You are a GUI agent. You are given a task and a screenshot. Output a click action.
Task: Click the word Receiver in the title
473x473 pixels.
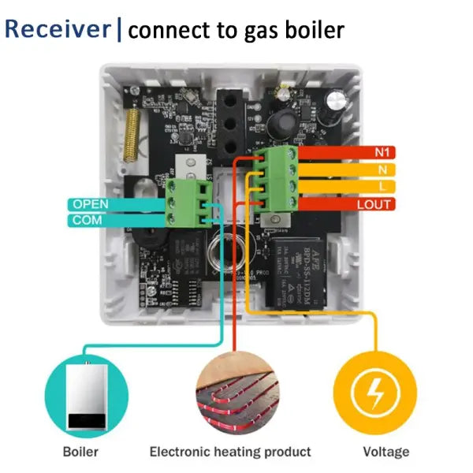tap(57, 29)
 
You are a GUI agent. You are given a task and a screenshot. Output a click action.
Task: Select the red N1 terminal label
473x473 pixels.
tap(385, 151)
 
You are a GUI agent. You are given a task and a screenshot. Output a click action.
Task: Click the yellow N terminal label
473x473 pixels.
tap(381, 169)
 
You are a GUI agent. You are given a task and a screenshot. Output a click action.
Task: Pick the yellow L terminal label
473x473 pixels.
tap(382, 187)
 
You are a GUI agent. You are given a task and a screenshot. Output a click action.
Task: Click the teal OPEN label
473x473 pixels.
tap(91, 204)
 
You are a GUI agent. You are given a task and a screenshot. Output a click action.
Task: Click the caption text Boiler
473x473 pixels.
tap(81, 453)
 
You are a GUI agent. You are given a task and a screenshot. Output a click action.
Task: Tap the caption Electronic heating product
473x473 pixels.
tap(230, 453)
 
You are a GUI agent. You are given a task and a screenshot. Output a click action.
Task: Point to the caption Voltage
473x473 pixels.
tap(385, 453)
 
